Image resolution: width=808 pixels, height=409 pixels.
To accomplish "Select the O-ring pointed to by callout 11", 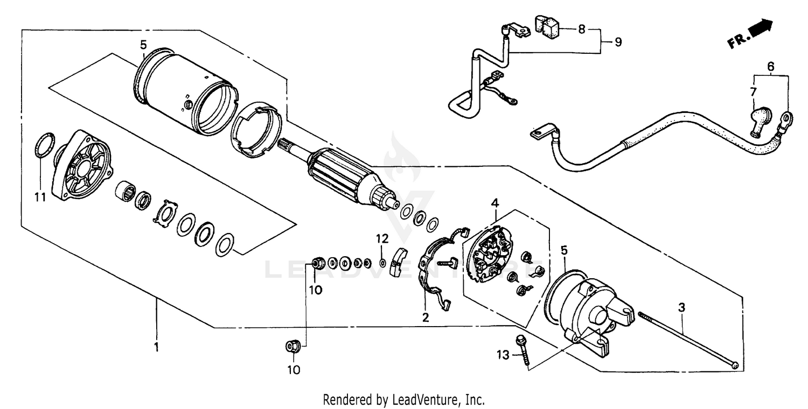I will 45,146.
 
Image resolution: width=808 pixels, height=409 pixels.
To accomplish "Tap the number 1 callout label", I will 156,348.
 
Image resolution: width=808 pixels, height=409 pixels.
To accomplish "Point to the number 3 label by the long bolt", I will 681,308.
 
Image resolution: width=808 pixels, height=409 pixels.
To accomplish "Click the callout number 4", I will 494,203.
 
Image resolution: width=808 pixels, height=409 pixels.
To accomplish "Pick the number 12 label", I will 382,238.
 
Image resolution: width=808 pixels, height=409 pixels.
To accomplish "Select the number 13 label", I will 503,355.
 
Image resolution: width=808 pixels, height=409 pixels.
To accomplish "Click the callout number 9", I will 617,41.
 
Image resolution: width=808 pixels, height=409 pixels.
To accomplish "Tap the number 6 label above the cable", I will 771,67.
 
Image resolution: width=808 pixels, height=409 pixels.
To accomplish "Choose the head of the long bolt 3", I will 736,366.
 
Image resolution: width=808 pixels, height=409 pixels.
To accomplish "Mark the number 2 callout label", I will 426,318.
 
